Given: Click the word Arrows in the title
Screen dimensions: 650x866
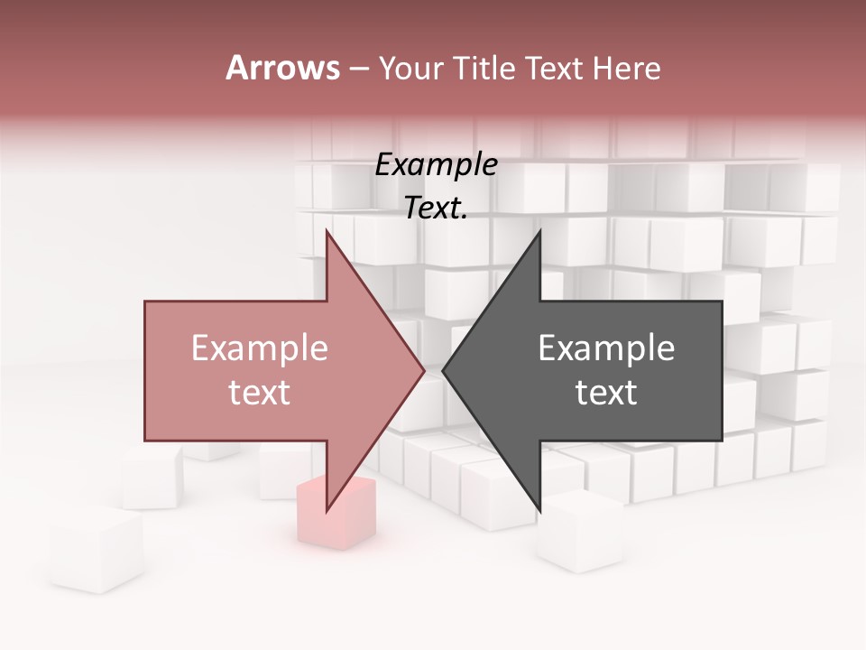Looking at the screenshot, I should [282, 68].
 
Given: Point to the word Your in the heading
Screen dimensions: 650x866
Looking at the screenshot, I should [410, 70].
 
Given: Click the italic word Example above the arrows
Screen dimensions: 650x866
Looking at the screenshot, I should [437, 165].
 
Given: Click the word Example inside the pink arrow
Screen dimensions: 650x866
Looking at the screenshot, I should [259, 348].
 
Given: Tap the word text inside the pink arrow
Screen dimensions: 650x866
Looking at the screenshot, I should [259, 392].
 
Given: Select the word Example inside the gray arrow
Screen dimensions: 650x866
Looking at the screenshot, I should [606, 348].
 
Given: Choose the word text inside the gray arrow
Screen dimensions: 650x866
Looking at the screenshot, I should [606, 392].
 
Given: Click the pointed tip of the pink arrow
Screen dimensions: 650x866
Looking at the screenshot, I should [424, 370].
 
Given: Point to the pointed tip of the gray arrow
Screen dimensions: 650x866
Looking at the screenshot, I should [443, 370].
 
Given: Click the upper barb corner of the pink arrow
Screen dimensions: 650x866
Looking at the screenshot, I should [327, 231].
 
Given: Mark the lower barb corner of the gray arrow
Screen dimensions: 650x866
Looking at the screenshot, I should [539, 511].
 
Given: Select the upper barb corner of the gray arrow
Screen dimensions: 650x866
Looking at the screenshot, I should [539, 231].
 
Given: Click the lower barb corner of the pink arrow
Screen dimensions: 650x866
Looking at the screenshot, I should [327, 511].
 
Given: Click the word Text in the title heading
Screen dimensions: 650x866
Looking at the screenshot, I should [552, 68].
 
